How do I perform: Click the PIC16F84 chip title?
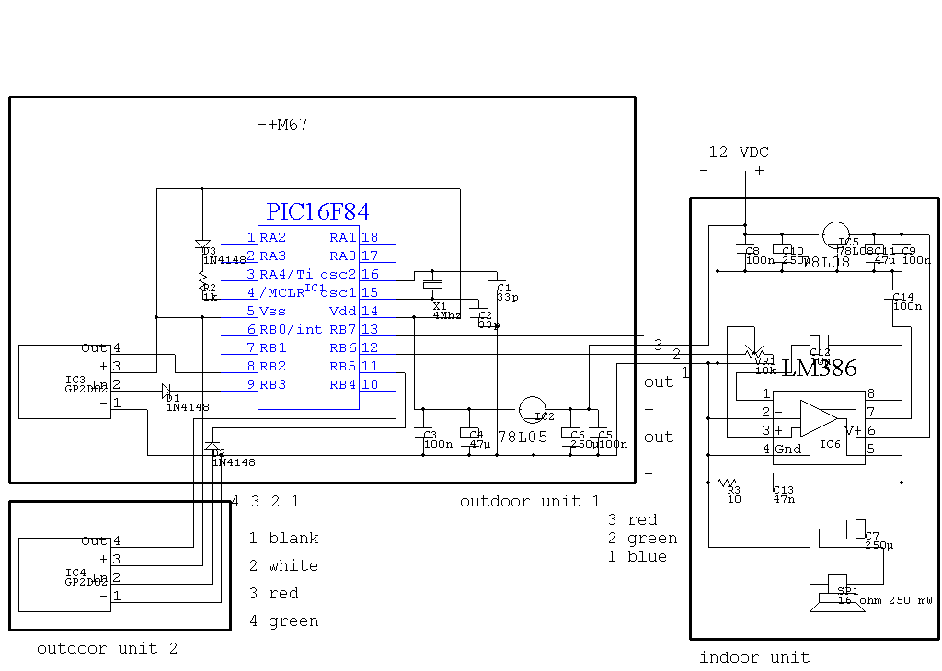[317, 212]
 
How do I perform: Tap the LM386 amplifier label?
[819, 369]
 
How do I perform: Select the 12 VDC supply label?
[738, 152]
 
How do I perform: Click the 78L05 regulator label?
[522, 437]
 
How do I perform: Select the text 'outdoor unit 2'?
[107, 648]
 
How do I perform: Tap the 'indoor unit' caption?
[754, 657]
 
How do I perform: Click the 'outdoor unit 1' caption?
[530, 501]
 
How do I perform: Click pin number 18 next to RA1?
[369, 238]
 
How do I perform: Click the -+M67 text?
[282, 124]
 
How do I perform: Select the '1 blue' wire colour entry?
[637, 556]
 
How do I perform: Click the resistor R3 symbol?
[729, 483]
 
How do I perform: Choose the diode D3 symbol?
[203, 245]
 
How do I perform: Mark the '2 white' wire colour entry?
[283, 565]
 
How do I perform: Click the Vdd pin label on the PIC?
[342, 311]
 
